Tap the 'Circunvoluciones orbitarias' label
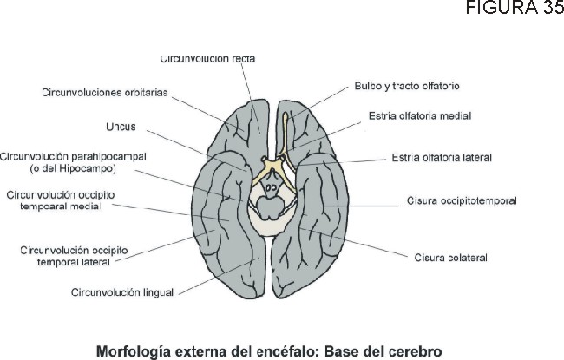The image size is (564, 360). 104,91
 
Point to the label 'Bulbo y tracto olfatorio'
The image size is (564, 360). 407,87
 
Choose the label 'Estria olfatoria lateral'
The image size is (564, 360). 442,158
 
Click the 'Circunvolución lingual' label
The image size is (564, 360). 122,291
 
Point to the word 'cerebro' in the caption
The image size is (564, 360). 413,351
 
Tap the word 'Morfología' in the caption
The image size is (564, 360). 133,351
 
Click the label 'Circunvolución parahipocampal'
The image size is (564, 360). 73,156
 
